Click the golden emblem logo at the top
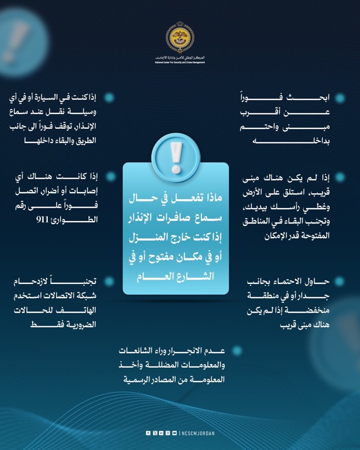(x=180, y=38)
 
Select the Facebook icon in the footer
(x=148, y=433)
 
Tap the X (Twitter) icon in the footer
(x=154, y=433)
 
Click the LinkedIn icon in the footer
(x=161, y=433)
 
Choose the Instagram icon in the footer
(x=167, y=433)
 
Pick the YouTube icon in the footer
(x=174, y=433)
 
